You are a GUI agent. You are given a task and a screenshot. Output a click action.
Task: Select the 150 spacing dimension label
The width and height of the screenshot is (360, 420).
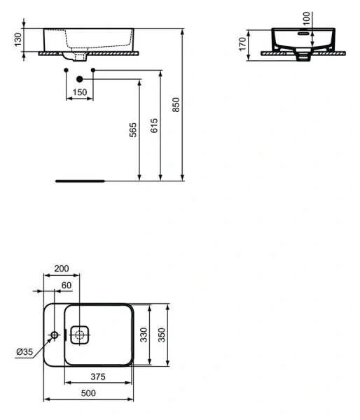coord(80,92)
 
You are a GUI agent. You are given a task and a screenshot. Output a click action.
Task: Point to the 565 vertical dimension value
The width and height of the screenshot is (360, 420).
coord(132,131)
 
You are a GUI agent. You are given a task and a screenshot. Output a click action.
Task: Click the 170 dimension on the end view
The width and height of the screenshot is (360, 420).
coord(242,44)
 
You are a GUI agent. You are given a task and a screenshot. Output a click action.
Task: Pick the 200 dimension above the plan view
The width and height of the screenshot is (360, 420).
coord(61,269)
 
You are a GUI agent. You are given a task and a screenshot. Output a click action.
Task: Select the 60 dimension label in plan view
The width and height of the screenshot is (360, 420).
coord(67,285)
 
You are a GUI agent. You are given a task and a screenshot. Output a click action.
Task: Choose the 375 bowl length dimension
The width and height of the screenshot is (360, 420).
coord(97,377)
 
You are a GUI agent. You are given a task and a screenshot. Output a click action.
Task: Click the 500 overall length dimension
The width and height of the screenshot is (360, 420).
coord(88,393)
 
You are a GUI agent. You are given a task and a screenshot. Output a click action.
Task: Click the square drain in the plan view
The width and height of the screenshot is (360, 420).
coord(80,335)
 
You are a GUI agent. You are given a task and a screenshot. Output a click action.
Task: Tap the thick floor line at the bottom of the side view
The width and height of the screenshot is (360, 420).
coord(79,180)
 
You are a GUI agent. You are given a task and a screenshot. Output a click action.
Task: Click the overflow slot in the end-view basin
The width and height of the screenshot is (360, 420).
coord(303,32)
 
